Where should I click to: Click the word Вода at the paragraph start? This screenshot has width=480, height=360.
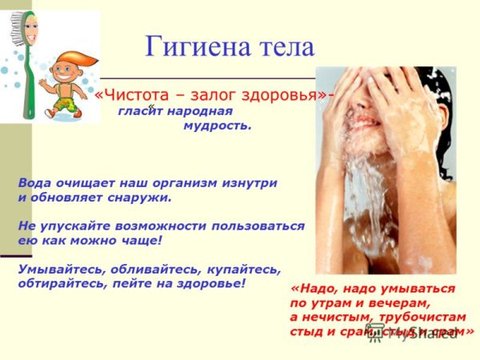[34, 182]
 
